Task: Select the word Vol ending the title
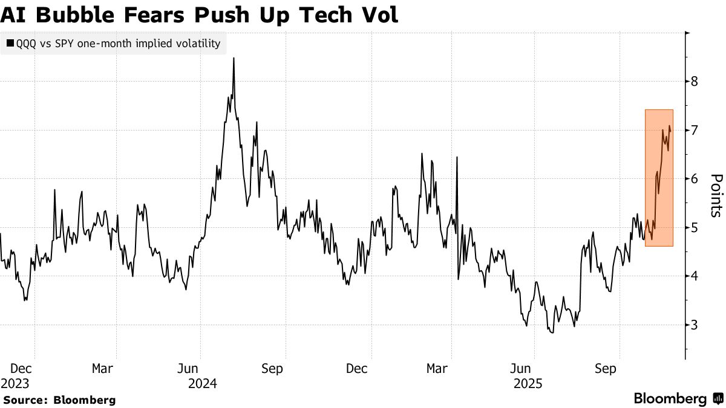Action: pyautogui.click(x=379, y=15)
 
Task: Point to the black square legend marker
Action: pyautogui.click(x=10, y=44)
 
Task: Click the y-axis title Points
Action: pyautogui.click(x=716, y=195)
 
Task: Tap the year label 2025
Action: pyautogui.click(x=528, y=383)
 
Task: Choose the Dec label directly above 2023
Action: pyautogui.click(x=21, y=368)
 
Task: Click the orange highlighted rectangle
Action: pyautogui.click(x=659, y=178)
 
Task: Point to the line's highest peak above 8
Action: pyautogui.click(x=234, y=59)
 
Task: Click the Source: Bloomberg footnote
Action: pyautogui.click(x=59, y=400)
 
